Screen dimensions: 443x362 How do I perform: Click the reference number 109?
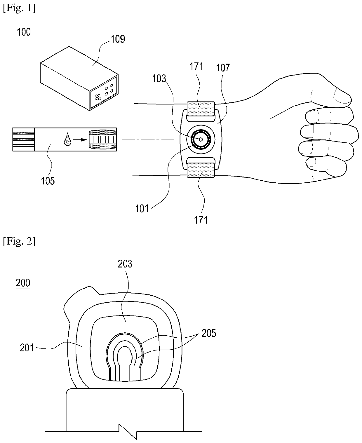coord(118,39)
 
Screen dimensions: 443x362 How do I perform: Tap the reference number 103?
coord(159,79)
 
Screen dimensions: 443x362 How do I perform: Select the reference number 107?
coord(223,68)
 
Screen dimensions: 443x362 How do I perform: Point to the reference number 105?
coord(48,181)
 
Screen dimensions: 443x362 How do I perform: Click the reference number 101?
coord(142,209)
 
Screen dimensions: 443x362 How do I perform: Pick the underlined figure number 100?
coord(24,32)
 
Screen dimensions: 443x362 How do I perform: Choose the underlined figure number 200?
coord(23,283)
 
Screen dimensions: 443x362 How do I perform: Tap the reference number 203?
coord(125,264)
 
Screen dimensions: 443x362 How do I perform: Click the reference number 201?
coord(27,348)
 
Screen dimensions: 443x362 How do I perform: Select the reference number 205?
coord(208,333)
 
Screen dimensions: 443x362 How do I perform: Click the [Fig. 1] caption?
coord(19,8)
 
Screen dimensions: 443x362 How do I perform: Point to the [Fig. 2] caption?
coord(19,242)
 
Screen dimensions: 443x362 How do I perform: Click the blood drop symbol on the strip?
coord(67,139)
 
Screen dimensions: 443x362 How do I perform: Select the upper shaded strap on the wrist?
coord(201,108)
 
